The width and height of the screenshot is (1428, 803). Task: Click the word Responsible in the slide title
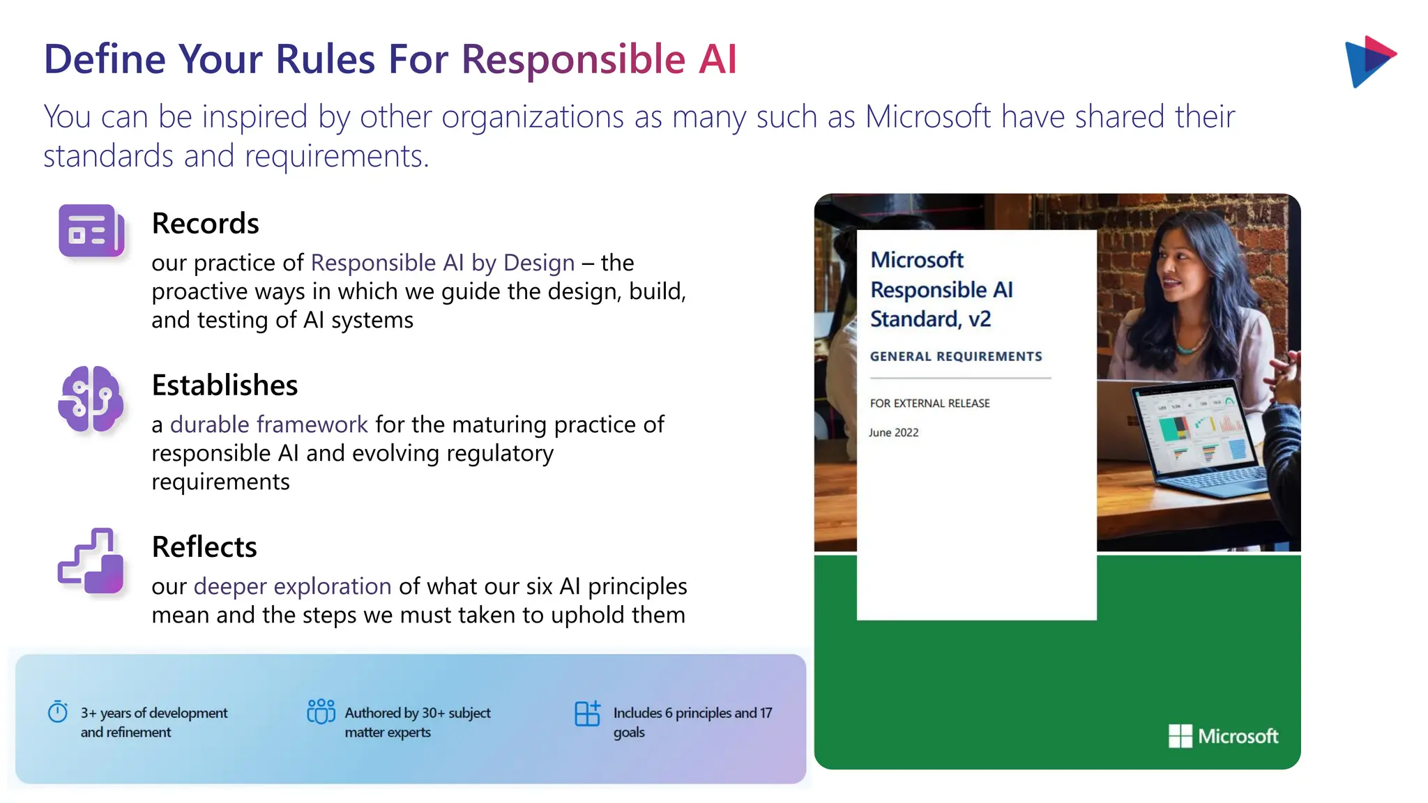point(573,59)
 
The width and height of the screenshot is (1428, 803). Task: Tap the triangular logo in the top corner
point(1369,61)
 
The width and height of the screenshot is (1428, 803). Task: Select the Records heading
point(205,224)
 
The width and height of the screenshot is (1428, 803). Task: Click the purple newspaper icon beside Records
point(91,231)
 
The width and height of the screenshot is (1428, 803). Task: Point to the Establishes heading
point(225,385)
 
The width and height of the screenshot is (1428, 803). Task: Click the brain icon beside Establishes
point(91,399)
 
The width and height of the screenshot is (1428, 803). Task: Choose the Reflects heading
point(204,547)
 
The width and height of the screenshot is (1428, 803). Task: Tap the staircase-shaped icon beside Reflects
point(91,561)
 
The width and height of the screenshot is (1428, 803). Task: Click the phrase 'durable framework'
point(268,425)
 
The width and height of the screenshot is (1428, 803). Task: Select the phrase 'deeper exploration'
point(292,587)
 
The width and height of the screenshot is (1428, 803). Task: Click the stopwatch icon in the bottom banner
point(58,712)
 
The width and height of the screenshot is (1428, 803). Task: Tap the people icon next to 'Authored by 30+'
point(321,712)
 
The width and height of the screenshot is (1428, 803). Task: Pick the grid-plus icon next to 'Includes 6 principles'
point(587,713)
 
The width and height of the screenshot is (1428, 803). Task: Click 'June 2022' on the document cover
point(894,433)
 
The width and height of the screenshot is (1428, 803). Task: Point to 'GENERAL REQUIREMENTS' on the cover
point(956,357)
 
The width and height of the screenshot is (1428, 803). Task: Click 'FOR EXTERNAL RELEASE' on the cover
point(929,404)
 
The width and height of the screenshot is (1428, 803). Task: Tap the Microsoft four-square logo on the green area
point(1180,736)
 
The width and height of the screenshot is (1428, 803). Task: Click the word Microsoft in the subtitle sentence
point(927,116)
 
